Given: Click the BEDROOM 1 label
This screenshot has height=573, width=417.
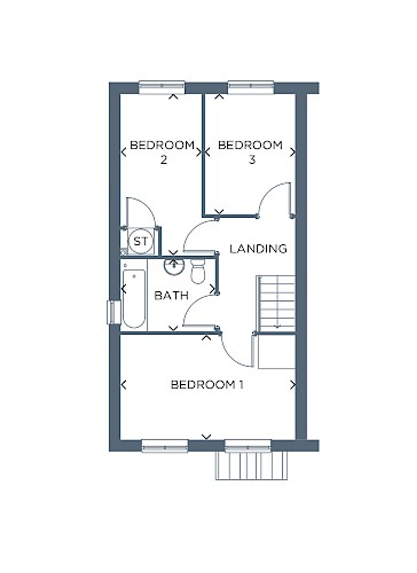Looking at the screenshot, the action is (207, 385).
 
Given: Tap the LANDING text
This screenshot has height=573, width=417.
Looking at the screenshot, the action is (258, 249).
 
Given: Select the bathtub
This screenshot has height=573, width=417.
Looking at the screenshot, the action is (134, 299).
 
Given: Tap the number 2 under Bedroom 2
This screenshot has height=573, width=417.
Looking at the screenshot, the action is (164, 160).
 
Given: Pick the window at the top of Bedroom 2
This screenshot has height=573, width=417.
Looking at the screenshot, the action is (162, 88).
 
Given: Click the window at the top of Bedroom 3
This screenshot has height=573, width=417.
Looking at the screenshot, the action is (251, 88).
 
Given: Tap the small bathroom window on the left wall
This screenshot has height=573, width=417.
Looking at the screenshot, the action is (114, 312).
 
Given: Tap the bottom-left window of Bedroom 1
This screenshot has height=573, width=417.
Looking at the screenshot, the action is (165, 446).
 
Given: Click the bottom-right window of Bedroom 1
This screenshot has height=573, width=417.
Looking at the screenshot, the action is (248, 446).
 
